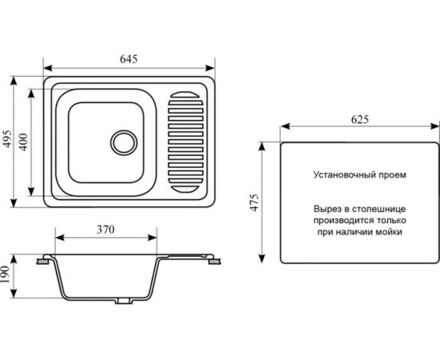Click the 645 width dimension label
pyautogui.click(x=129, y=59)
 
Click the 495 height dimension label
pyautogui.click(x=7, y=138)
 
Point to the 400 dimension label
pyautogui.click(x=25, y=142)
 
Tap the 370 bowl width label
pyautogui.click(x=106, y=230)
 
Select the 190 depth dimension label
pyautogui.click(x=6, y=274)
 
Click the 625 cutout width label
pyautogui.click(x=360, y=119)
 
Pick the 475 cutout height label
pyautogui.click(x=254, y=202)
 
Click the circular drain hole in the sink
pyautogui.click(x=124, y=142)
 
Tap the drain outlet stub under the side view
pyautogui.click(x=123, y=301)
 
